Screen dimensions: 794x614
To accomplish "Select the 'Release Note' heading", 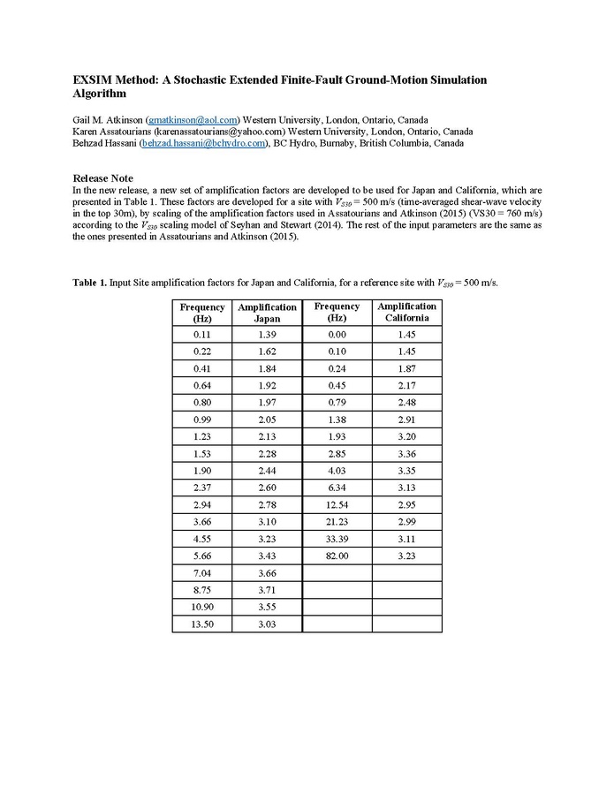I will [102, 178].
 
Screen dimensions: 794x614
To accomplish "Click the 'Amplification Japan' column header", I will [267, 313].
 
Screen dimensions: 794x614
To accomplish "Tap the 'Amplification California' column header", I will [406, 312].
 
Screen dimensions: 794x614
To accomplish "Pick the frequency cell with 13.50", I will [203, 624].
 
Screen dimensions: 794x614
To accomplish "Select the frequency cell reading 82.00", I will [337, 556].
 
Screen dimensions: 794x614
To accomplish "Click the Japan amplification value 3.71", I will [267, 591].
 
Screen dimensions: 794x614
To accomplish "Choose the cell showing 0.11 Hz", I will [203, 336].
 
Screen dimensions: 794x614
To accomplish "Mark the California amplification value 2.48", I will [406, 403].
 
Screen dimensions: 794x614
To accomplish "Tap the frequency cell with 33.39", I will [337, 539].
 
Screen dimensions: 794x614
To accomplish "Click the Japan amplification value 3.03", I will [267, 624].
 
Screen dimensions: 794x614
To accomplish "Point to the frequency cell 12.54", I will [337, 505].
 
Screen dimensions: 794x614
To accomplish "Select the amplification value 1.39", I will [267, 336].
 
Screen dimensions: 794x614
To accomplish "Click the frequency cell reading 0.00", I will [337, 336].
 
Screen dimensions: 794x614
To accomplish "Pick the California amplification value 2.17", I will [406, 386].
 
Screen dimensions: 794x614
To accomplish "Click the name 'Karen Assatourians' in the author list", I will [112, 132].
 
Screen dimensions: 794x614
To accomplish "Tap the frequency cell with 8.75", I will [203, 591].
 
